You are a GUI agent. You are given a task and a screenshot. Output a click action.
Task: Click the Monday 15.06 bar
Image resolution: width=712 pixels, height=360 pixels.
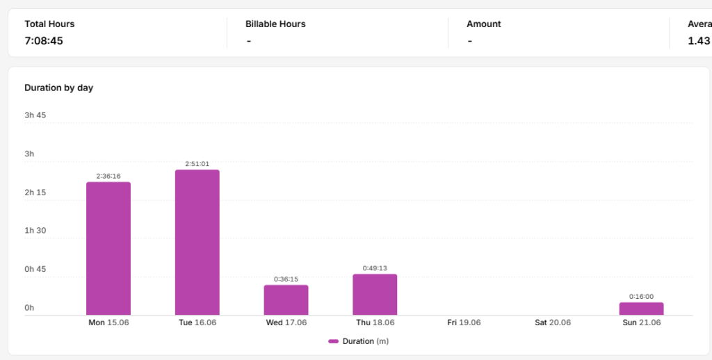pyautogui.click(x=108, y=248)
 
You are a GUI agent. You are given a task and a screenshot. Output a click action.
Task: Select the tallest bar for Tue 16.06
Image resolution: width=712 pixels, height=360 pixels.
pyautogui.click(x=197, y=243)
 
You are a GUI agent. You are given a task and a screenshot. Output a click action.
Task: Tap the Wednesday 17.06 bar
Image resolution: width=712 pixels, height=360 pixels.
pyautogui.click(x=286, y=300)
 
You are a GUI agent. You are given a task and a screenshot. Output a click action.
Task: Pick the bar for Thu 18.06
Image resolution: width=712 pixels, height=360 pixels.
pyautogui.click(x=375, y=295)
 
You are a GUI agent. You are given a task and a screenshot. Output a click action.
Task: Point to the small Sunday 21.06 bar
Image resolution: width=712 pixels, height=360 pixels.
pyautogui.click(x=641, y=309)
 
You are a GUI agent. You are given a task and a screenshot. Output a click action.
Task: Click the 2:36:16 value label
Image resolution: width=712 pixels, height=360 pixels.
pyautogui.click(x=108, y=176)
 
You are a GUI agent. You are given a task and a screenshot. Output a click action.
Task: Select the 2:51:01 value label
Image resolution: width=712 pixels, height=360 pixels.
pyautogui.click(x=197, y=164)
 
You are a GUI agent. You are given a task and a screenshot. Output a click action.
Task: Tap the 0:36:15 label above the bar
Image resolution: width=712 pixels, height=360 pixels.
pyautogui.click(x=286, y=279)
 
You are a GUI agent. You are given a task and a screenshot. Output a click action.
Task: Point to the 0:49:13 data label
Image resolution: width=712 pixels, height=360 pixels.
pyautogui.click(x=375, y=268)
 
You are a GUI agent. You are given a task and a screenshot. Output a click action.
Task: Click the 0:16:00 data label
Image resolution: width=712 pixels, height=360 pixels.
pyautogui.click(x=641, y=297)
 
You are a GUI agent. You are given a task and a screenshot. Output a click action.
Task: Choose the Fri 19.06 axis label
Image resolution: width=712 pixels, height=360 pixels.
pyautogui.click(x=464, y=322)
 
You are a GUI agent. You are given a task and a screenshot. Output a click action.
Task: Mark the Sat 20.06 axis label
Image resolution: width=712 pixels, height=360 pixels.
pyautogui.click(x=553, y=322)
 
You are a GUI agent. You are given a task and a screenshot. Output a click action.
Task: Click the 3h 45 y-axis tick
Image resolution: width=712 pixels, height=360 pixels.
pyautogui.click(x=35, y=115)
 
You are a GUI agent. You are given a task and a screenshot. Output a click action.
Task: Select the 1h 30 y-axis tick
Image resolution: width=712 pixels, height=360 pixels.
pyautogui.click(x=35, y=231)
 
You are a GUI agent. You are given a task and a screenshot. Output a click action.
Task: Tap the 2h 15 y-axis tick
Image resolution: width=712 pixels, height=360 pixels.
pyautogui.click(x=35, y=193)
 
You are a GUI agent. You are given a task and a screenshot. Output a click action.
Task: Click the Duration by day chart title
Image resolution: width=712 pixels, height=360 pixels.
pyautogui.click(x=58, y=88)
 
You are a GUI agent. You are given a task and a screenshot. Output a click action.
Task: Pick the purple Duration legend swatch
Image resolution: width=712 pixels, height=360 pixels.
pyautogui.click(x=333, y=341)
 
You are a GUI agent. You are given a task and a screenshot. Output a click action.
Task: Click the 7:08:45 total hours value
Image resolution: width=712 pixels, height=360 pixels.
pyautogui.click(x=44, y=41)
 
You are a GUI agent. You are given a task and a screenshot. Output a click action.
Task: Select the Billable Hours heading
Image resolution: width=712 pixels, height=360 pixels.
pyautogui.click(x=275, y=24)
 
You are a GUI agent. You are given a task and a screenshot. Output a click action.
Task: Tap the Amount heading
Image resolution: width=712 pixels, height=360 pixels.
pyautogui.click(x=484, y=24)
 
